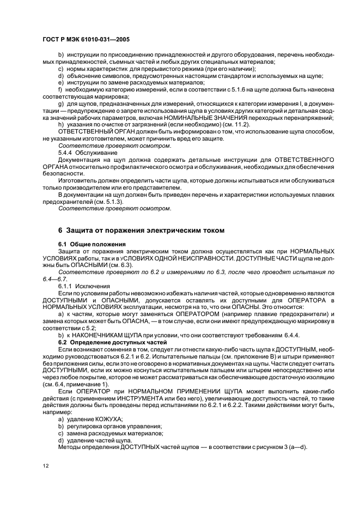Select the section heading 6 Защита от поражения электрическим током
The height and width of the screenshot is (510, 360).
click(141, 230)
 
